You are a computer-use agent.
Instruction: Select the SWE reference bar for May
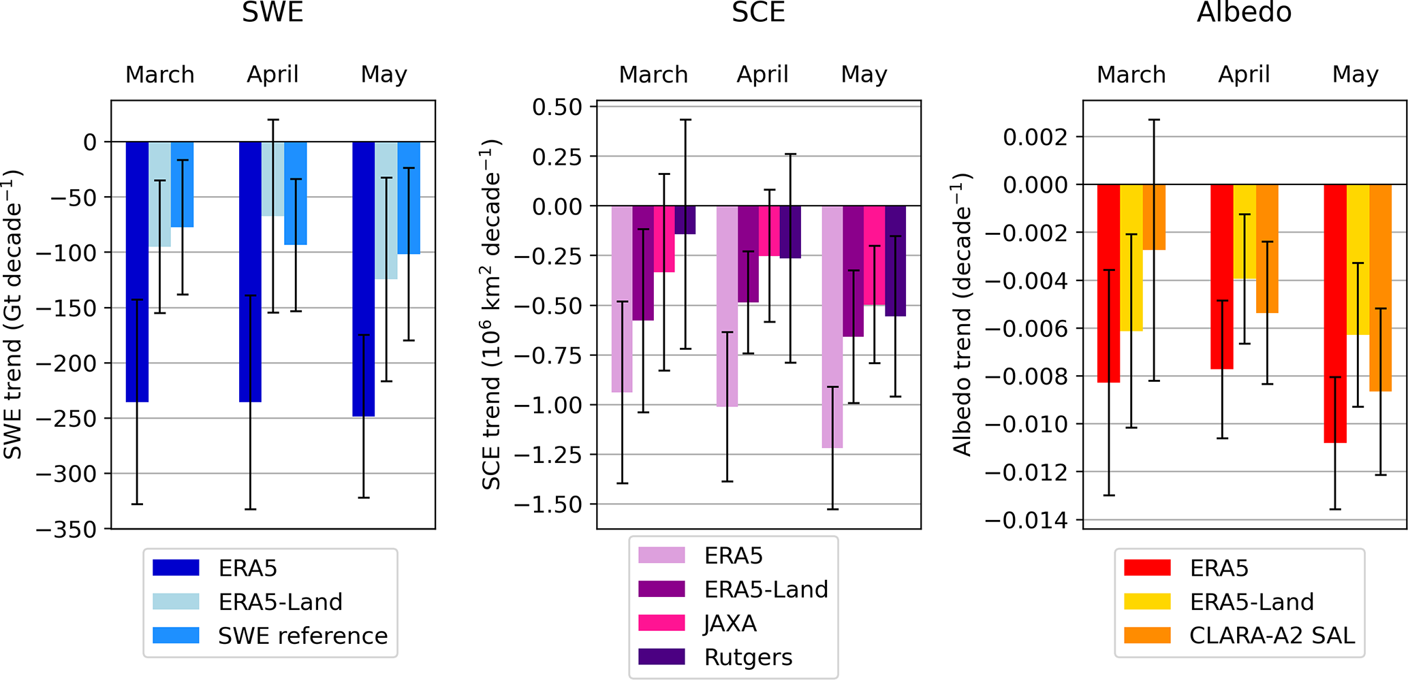409,197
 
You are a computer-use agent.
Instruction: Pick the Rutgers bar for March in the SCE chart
685,220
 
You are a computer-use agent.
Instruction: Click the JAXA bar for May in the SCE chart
875,255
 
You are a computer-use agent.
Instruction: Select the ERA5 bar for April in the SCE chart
727,306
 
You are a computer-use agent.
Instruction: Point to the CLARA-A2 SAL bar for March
1154,216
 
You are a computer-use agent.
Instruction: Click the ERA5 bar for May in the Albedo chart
1335,313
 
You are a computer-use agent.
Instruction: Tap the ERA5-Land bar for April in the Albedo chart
1245,231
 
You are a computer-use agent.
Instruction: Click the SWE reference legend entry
302,636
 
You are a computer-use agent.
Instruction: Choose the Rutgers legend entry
748,658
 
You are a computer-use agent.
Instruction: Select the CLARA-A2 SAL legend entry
1272,636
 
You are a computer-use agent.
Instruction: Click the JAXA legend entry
730,624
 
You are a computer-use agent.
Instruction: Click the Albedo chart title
1244,12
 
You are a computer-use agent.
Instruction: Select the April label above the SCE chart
762,74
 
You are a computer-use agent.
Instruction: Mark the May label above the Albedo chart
1355,74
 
